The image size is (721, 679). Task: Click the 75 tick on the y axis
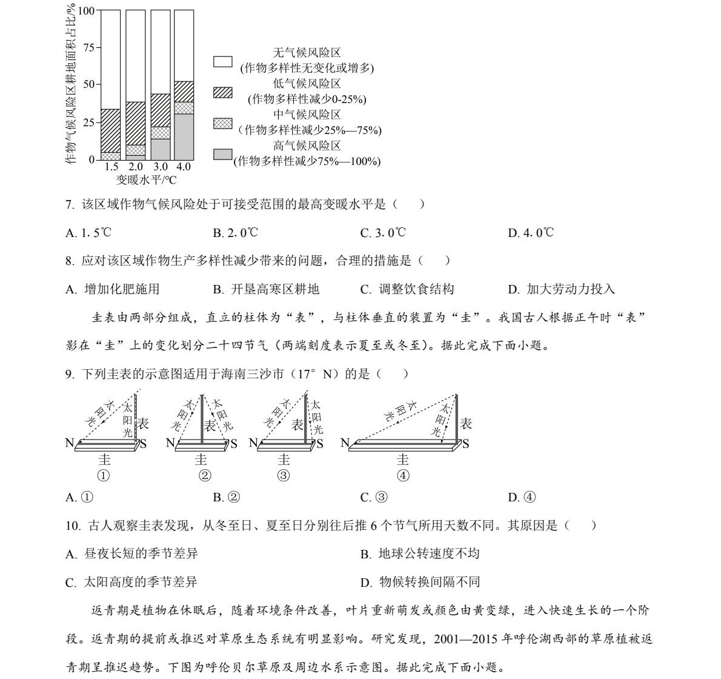pyautogui.click(x=88, y=48)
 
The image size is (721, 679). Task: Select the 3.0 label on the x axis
pyautogui.click(x=160, y=167)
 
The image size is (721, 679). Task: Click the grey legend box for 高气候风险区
pyautogui.click(x=223, y=154)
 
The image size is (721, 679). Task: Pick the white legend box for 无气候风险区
pyautogui.click(x=223, y=61)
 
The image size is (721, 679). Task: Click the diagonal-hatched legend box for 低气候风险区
pyautogui.click(x=223, y=92)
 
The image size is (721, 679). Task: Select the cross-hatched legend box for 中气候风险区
pyautogui.click(x=223, y=123)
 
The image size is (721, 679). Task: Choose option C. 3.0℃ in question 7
pyautogui.click(x=383, y=233)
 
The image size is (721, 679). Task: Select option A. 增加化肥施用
pyautogui.click(x=113, y=289)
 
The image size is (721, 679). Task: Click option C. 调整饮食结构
pyautogui.click(x=407, y=289)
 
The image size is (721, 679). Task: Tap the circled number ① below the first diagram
pyautogui.click(x=104, y=476)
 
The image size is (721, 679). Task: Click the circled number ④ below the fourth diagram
pyautogui.click(x=403, y=476)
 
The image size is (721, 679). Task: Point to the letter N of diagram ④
pyautogui.click(x=345, y=443)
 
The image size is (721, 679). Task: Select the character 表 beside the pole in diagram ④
pyautogui.click(x=465, y=424)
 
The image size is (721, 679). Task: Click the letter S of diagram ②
pyautogui.click(x=233, y=444)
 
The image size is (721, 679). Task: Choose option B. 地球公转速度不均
pyautogui.click(x=420, y=554)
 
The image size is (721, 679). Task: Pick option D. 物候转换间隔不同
pyautogui.click(x=420, y=582)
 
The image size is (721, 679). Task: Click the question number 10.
pyautogui.click(x=73, y=526)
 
